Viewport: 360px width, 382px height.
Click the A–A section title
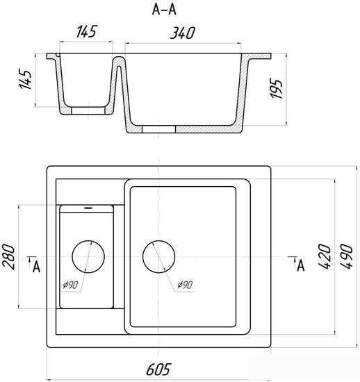point(164,10)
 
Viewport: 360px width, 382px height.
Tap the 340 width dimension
point(183,33)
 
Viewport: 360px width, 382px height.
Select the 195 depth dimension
point(276,88)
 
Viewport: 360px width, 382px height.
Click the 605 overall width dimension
point(158,369)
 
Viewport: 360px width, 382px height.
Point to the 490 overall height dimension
point(347,256)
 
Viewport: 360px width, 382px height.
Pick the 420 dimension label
point(325,256)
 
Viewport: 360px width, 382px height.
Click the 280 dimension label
point(8,257)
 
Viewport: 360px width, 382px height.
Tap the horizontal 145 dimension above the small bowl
point(87,31)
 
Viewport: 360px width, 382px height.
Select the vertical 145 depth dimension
point(25,78)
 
